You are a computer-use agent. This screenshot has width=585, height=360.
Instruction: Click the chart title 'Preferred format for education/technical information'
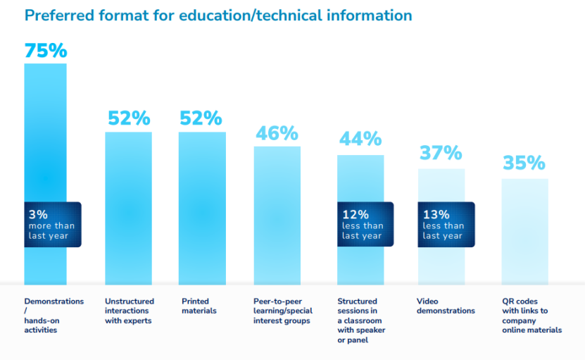218,15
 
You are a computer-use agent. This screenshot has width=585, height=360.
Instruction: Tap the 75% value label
46,51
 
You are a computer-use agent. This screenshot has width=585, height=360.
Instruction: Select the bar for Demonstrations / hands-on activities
46,141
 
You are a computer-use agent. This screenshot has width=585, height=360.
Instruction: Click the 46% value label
277,133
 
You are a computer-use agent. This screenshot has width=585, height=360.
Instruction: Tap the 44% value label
360,139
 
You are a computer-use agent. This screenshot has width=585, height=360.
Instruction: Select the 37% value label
441,152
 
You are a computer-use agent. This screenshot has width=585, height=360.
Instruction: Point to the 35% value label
524,163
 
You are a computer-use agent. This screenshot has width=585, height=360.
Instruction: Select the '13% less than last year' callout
446,225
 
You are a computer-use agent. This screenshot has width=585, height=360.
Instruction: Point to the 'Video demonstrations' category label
445,306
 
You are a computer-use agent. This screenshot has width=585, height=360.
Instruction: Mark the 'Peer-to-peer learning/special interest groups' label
282,311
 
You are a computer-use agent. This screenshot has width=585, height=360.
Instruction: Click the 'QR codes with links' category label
531,316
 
